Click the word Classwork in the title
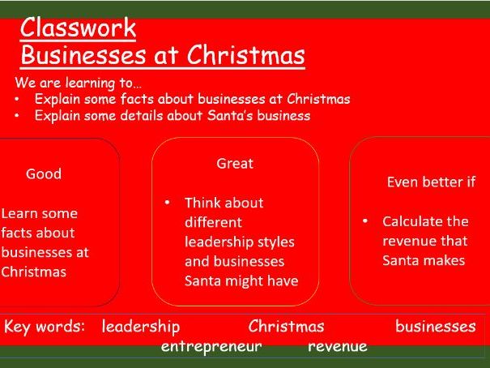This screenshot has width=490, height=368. [x=78, y=28]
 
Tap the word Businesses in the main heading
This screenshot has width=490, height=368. [x=78, y=56]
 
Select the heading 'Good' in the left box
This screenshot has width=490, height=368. [x=44, y=173]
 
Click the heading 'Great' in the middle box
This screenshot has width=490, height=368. [x=235, y=163]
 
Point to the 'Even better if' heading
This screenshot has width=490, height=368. [x=431, y=182]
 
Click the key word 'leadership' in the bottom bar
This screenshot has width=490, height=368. [x=141, y=327]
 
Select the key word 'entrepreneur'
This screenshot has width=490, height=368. [x=211, y=346]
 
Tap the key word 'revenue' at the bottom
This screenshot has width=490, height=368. [x=338, y=346]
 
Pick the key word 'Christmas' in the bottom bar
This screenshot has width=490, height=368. [x=286, y=327]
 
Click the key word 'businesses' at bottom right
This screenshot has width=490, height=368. [x=436, y=327]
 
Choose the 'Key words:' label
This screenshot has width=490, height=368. [x=45, y=327]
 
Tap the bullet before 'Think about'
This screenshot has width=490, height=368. [x=166, y=203]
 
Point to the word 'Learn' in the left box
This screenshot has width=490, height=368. [x=19, y=213]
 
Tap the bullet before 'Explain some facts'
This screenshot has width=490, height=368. [x=19, y=100]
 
